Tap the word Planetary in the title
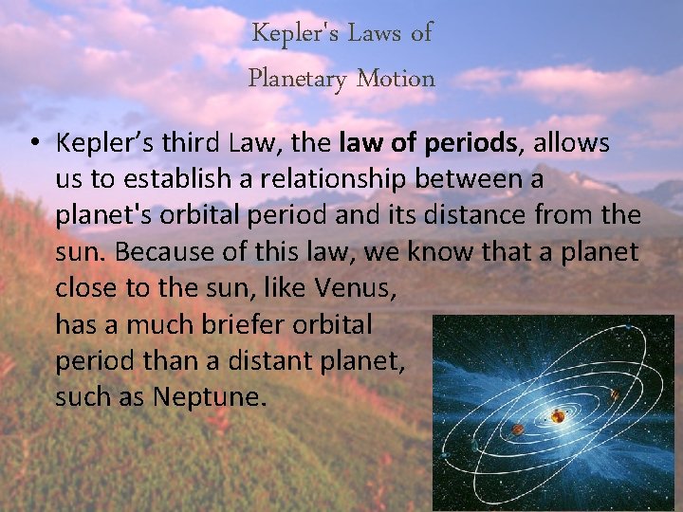click(297, 79)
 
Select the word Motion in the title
click(396, 79)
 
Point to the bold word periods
click(473, 143)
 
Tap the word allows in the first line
click(574, 143)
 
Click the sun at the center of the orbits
click(558, 415)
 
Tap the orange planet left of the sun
click(518, 430)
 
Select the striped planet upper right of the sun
click(614, 394)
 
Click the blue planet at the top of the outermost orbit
click(628, 327)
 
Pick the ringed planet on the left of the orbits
click(473, 445)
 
